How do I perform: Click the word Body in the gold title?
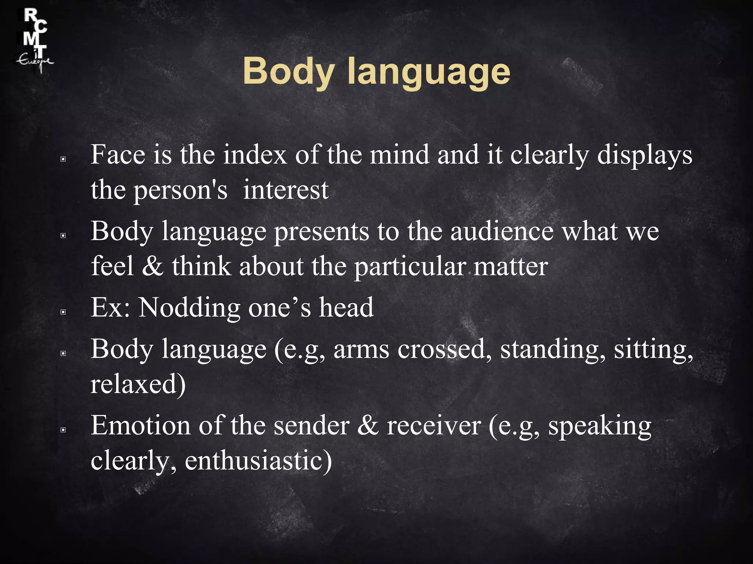tap(288, 72)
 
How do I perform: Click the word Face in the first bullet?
tap(118, 155)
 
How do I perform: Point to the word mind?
tap(399, 155)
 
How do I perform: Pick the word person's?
tap(180, 191)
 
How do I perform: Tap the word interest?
tap(286, 191)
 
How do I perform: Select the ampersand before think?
tap(152, 267)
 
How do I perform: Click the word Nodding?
tap(189, 308)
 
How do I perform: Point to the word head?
tap(346, 308)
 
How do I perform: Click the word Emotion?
tap(140, 426)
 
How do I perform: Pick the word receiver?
tap(434, 426)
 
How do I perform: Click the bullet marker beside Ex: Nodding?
tap(63, 312)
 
